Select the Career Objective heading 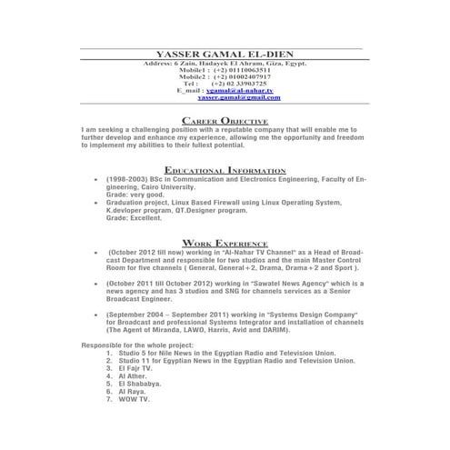point(225,121)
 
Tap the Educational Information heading point(225,170)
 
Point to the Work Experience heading point(225,243)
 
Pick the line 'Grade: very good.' point(136,195)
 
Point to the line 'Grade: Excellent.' point(136,219)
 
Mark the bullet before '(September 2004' point(96,314)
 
